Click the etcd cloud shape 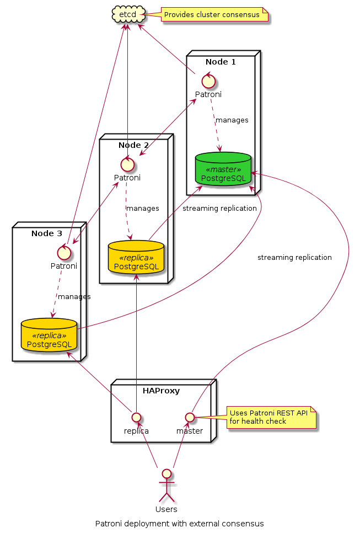tap(128, 14)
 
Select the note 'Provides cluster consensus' tap(212, 14)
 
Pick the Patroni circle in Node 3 tap(65, 252)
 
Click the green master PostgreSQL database tap(223, 169)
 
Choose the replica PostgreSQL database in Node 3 tap(49, 335)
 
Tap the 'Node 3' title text tap(47, 233)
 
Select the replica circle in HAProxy tap(136, 416)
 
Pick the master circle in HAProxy tap(190, 416)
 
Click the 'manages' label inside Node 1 tap(232, 120)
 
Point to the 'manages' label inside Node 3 tap(74, 296)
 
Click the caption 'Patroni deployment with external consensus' tap(180, 523)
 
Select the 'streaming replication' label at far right tap(294, 257)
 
